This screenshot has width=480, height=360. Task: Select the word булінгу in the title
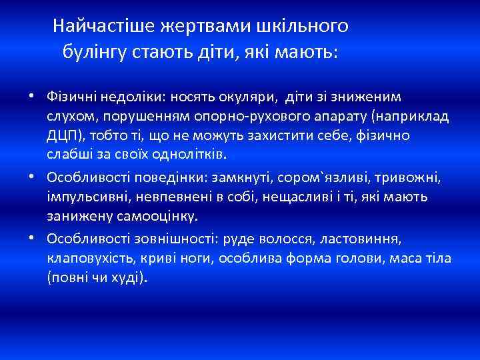93,51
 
